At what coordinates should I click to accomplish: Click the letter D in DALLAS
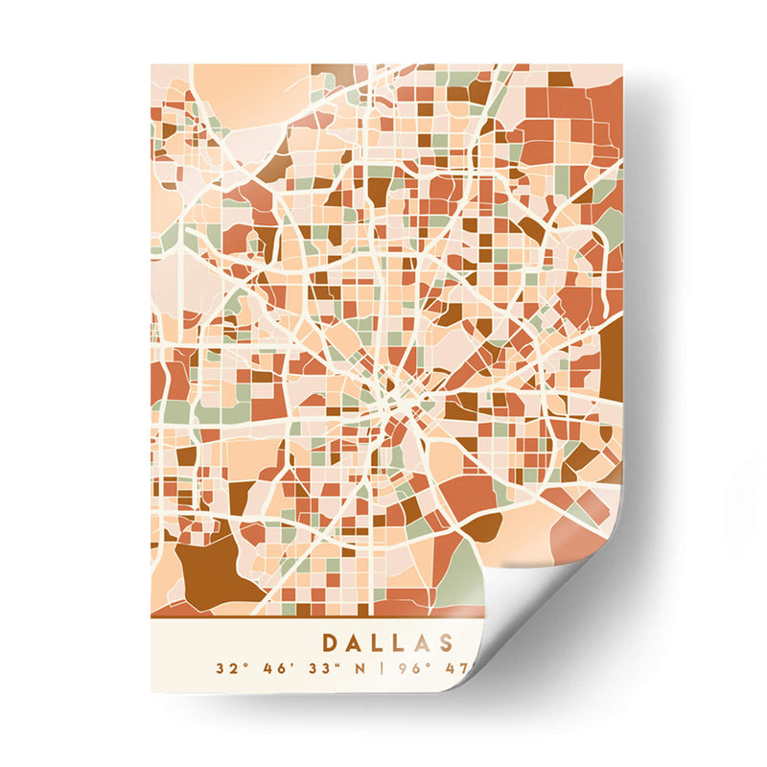tap(330, 642)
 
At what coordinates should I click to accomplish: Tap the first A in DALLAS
tap(356, 642)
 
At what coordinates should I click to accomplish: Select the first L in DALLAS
tap(382, 642)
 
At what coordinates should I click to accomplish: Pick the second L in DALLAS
tap(406, 642)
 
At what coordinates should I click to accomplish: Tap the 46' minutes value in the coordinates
tap(274, 668)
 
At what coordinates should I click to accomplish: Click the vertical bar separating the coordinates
tap(380, 668)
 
